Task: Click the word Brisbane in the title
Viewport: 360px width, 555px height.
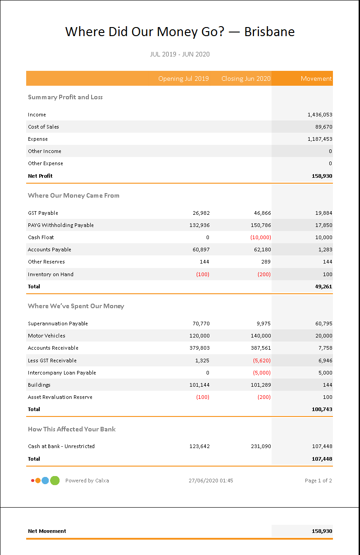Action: [269, 32]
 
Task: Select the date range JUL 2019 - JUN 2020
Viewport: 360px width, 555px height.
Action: [180, 54]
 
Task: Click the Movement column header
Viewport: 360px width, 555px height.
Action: [316, 79]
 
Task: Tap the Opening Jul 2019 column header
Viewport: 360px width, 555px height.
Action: [183, 79]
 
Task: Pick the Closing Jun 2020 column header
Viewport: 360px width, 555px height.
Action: [246, 79]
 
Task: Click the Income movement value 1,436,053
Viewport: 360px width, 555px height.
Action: [320, 115]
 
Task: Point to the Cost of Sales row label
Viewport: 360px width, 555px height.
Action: [43, 127]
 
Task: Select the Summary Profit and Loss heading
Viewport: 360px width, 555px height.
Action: [65, 97]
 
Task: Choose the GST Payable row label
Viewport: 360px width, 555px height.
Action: [43, 213]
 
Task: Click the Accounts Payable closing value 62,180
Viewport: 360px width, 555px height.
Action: [261, 250]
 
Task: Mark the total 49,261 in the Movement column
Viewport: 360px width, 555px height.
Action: [323, 287]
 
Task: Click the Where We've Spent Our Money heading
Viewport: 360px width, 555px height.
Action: [76, 306]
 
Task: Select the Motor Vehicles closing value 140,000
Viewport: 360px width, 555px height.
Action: [261, 336]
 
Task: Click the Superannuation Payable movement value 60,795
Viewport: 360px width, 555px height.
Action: [323, 324]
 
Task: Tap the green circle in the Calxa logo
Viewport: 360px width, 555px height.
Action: [55, 481]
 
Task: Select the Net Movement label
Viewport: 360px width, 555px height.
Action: [47, 531]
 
